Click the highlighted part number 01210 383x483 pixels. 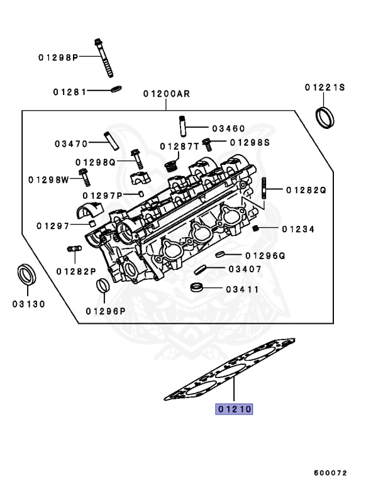[x=235, y=409]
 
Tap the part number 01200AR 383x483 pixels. [x=166, y=94]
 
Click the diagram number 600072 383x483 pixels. [x=330, y=472]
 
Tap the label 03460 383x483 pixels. [x=228, y=128]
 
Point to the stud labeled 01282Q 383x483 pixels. [x=264, y=187]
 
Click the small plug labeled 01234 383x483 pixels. [x=257, y=228]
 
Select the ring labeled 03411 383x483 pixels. [x=196, y=289]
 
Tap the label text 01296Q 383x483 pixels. [x=265, y=256]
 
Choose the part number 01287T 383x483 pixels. [x=179, y=146]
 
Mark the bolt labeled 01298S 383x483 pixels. [x=206, y=145]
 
